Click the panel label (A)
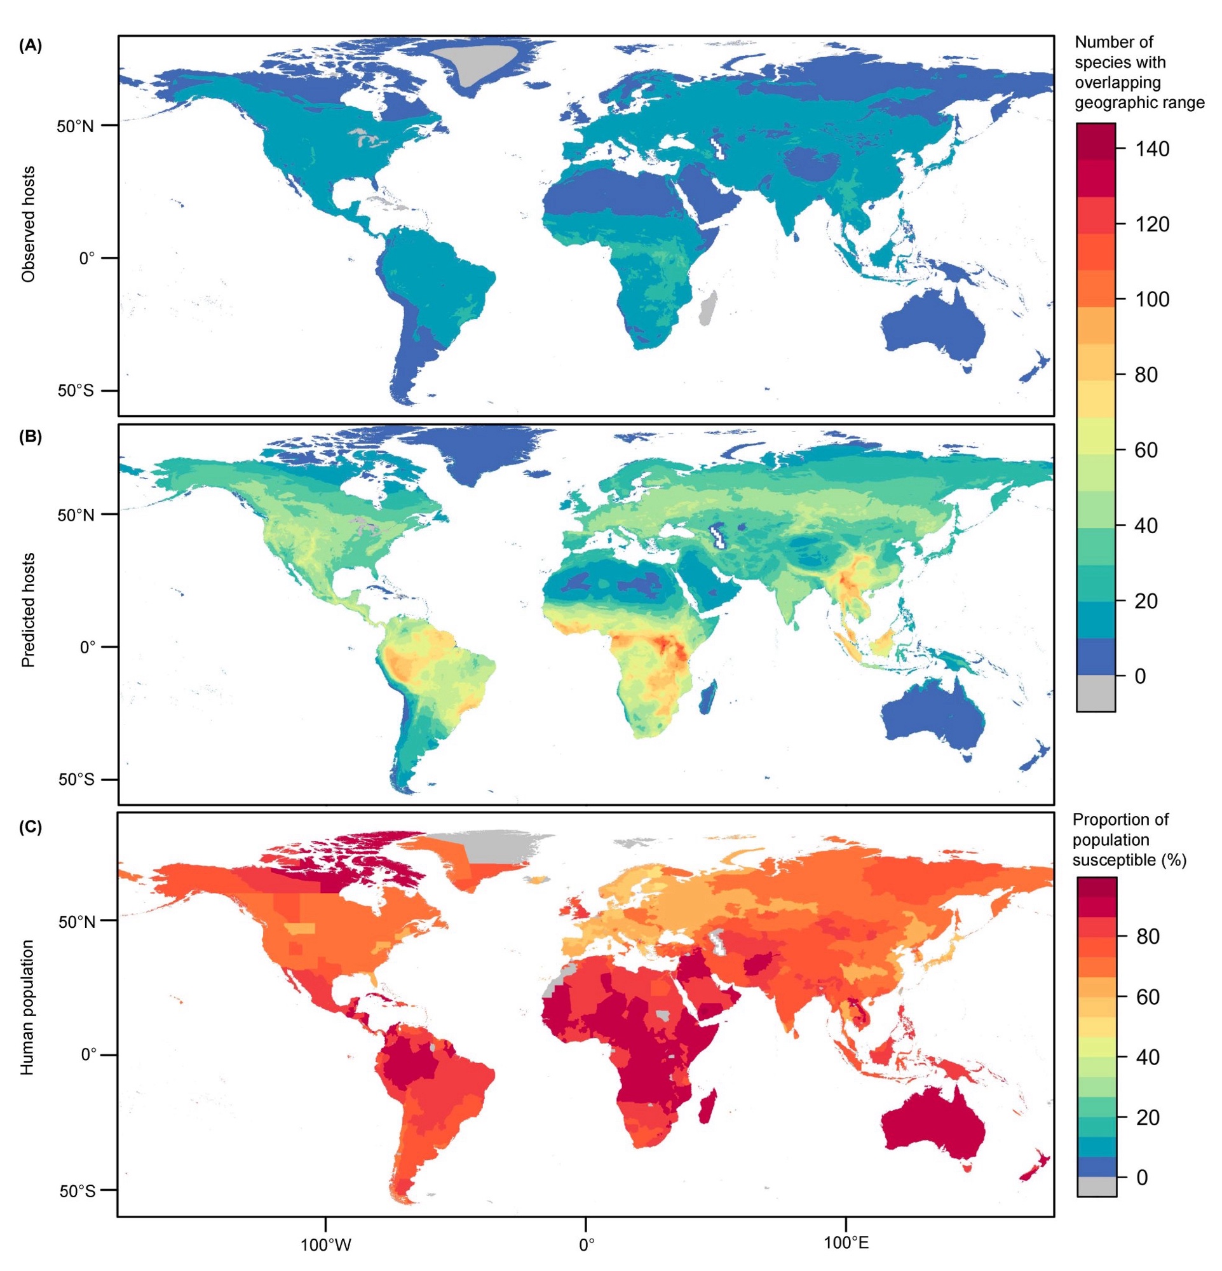[31, 46]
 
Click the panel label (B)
[31, 437]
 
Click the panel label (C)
[31, 827]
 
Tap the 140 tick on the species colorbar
[1151, 149]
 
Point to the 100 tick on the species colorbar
[1151, 299]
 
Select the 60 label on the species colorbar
[1146, 450]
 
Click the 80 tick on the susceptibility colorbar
[1148, 935]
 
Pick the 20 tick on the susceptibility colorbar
[1148, 1117]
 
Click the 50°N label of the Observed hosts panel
[75, 126]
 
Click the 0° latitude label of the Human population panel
[88, 1054]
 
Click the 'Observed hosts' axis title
[29, 224]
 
